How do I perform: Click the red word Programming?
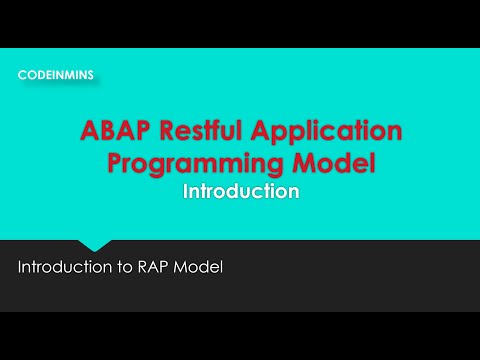203,163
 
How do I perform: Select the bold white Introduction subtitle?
241,192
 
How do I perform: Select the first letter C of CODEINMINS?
22,74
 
